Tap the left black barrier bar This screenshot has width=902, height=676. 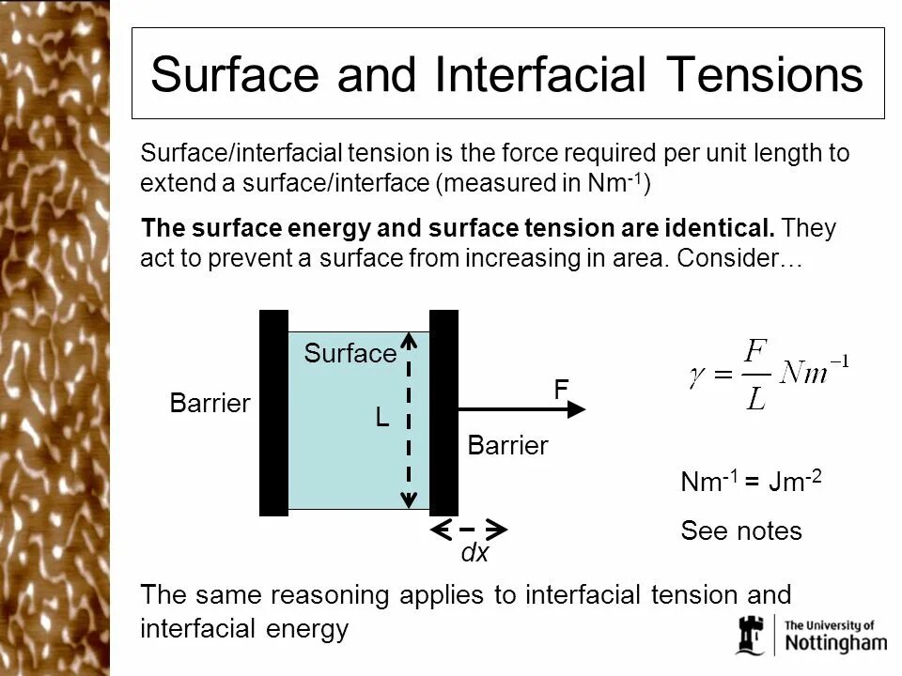coord(273,413)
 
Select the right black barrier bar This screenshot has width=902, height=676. coord(443,413)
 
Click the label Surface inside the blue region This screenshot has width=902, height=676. coord(350,354)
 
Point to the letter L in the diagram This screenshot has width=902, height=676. coord(382,418)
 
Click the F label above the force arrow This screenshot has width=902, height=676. coord(560,390)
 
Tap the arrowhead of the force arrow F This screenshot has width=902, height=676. coord(575,409)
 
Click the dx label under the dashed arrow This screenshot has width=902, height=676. coord(474,554)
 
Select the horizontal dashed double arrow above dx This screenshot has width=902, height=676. coord(470,530)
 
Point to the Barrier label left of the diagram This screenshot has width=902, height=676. coord(210,404)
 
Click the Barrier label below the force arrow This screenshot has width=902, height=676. coord(507,446)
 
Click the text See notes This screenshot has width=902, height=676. coord(740,531)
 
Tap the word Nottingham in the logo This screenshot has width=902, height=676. coord(834,643)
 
